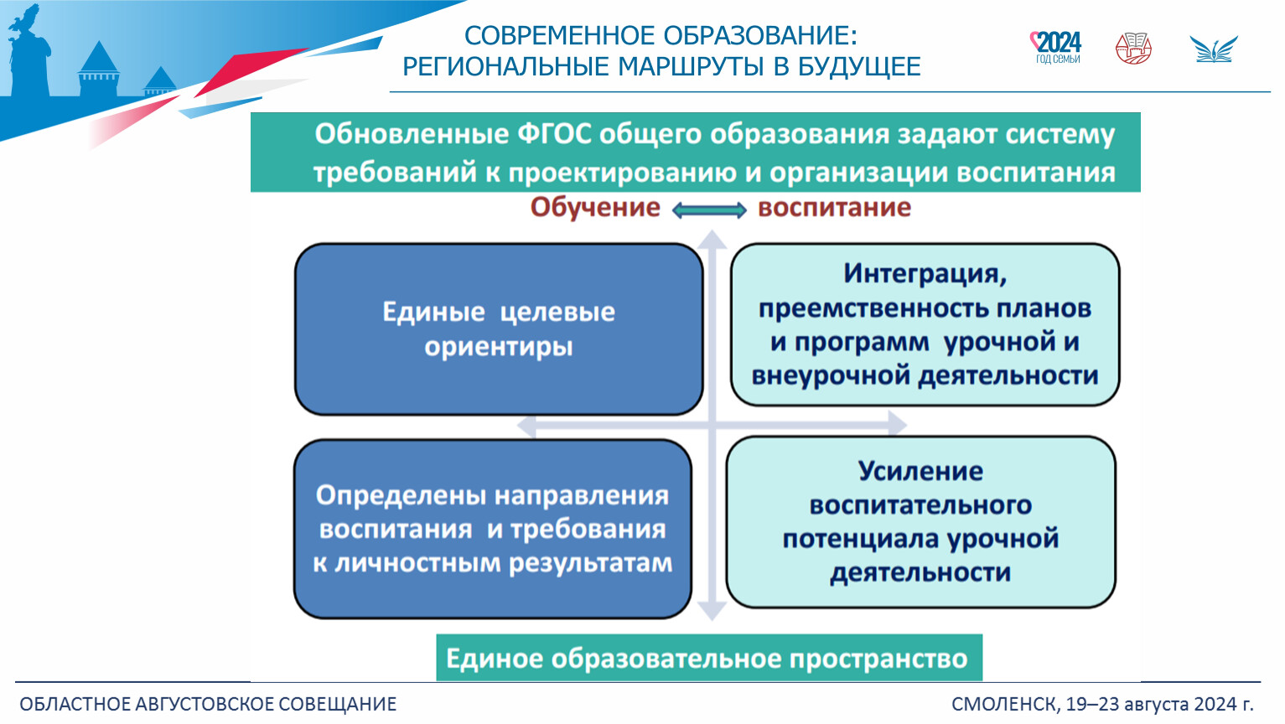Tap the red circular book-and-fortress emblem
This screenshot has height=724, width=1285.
pyautogui.click(x=1133, y=49)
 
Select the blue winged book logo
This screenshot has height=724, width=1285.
pyautogui.click(x=1213, y=49)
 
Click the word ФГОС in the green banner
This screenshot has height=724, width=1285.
pyautogui.click(x=554, y=134)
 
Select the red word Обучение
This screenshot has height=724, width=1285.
pyautogui.click(x=595, y=207)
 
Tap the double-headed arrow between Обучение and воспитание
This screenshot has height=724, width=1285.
pyautogui.click(x=709, y=210)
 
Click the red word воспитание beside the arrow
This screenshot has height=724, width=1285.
pyautogui.click(x=834, y=208)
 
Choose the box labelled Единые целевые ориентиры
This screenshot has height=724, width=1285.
pyautogui.click(x=499, y=329)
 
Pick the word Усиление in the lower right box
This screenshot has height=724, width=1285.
pyautogui.click(x=920, y=471)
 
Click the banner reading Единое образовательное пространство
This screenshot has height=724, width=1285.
pyautogui.click(x=709, y=658)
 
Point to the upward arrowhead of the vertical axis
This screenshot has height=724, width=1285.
pyautogui.click(x=712, y=239)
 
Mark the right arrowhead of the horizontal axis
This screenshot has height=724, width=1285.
pyautogui.click(x=897, y=424)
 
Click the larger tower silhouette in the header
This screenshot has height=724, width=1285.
pyautogui.click(x=100, y=68)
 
